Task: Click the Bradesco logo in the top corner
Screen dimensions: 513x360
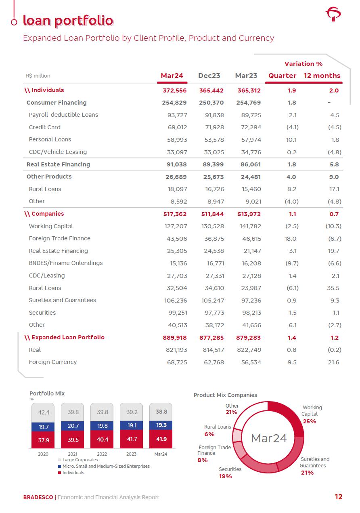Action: pyautogui.click(x=333, y=15)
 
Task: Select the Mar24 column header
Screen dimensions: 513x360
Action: pyautogui.click(x=172, y=76)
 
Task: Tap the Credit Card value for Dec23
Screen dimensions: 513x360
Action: pyautogui.click(x=213, y=127)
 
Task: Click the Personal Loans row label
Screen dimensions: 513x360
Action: pyautogui.click(x=50, y=139)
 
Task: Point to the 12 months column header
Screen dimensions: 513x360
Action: pyautogui.click(x=322, y=76)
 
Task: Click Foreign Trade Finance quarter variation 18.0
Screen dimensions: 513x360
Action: pyautogui.click(x=291, y=239)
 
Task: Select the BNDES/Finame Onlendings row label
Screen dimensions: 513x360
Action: pyautogui.click(x=66, y=263)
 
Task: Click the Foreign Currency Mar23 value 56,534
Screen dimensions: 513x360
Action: pyautogui.click(x=249, y=362)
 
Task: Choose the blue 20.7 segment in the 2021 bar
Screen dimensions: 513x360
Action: pyautogui.click(x=73, y=425)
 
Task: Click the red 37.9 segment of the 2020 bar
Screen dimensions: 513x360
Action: pyautogui.click(x=44, y=440)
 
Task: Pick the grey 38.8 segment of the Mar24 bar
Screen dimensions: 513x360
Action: pyautogui.click(x=161, y=412)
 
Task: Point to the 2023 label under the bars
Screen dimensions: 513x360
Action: pyautogui.click(x=131, y=454)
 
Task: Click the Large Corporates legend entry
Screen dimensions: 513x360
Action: pyautogui.click(x=80, y=460)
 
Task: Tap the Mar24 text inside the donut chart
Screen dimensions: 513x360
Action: pyautogui.click(x=269, y=438)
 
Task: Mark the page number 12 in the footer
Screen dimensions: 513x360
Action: pyautogui.click(x=338, y=497)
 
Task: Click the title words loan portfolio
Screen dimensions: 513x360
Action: pyautogui.click(x=68, y=20)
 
